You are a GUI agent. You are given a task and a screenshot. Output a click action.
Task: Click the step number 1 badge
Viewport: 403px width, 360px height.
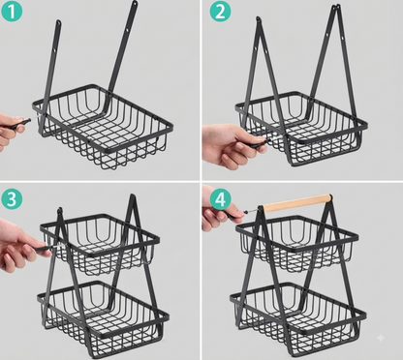tap(12, 12)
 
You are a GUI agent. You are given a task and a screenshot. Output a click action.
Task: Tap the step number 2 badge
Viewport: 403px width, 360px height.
tap(221, 12)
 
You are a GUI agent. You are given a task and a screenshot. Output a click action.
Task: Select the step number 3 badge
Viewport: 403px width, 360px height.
tap(12, 198)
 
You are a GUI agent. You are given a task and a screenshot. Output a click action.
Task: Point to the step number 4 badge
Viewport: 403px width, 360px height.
tap(221, 199)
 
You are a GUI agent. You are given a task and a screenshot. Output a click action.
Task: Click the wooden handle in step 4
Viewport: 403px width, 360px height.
tap(297, 202)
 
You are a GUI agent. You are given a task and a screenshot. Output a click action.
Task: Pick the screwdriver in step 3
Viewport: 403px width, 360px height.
tap(48, 248)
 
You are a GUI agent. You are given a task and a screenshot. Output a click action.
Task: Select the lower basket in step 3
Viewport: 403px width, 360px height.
tap(103, 315)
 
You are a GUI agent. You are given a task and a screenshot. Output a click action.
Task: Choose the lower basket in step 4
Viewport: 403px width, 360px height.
tap(297, 315)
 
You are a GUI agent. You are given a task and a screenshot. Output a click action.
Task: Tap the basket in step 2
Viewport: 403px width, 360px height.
tap(301, 128)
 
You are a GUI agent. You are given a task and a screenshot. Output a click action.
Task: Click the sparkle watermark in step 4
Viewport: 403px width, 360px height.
tap(381, 338)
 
